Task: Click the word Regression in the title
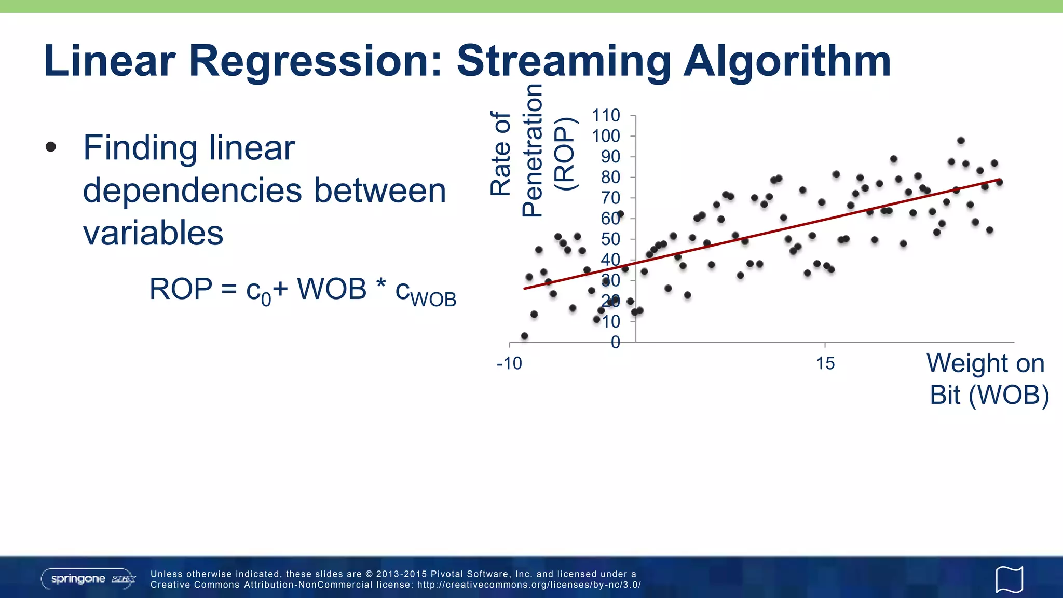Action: pos(315,61)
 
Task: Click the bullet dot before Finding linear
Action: pos(51,147)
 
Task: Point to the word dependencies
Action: pos(192,191)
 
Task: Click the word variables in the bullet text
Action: pos(153,233)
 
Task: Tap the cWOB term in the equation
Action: pos(426,292)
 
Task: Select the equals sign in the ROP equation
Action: pos(229,290)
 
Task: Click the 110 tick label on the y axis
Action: pos(606,115)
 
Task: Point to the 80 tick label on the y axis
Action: pos(610,177)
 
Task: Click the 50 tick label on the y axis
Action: pos(610,239)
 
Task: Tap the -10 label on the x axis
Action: pos(509,363)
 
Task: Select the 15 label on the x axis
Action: pos(825,363)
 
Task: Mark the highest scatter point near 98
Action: pos(961,141)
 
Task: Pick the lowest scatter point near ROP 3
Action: pos(524,336)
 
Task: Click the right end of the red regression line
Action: pos(999,180)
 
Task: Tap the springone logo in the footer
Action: pos(88,579)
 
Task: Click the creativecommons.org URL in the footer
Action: pos(529,585)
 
